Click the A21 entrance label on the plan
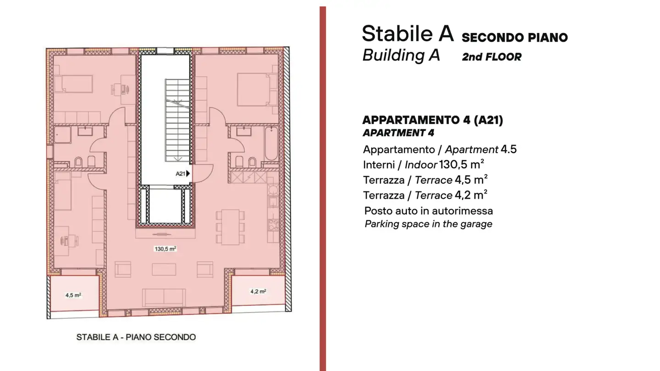click(182, 174)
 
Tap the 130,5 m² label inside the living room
click(165, 249)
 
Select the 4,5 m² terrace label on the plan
click(73, 295)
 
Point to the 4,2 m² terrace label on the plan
click(258, 291)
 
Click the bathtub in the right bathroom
click(271, 143)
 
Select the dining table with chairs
click(231, 226)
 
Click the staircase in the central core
click(177, 120)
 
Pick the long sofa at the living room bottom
click(164, 297)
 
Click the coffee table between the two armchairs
click(164, 269)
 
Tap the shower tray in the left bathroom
click(61, 136)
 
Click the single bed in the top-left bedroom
click(73, 84)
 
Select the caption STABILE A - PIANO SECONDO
click(136, 338)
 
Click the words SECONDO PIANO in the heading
click(514, 38)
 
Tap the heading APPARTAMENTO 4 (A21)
click(432, 120)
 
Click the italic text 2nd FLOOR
click(491, 57)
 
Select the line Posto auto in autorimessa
click(429, 211)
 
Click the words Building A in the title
click(401, 55)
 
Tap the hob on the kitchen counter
click(273, 224)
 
